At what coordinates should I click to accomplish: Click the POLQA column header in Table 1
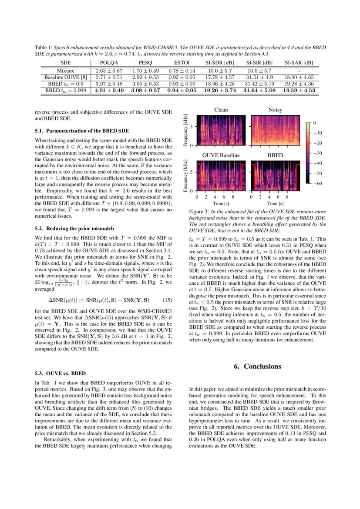[109, 63]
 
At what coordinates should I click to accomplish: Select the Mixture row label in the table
[65, 71]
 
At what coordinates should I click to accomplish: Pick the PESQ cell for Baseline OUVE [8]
[145, 77]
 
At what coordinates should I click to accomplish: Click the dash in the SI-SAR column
[298, 71]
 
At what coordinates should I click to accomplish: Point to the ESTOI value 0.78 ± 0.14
[182, 71]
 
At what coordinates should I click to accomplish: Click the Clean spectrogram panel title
[221, 110]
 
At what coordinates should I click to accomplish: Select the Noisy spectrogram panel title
[275, 110]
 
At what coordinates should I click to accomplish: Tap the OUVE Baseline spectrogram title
[221, 155]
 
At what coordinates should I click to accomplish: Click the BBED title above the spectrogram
[275, 155]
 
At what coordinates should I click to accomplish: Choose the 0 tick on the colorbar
[314, 123]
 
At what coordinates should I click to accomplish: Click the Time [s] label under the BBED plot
[275, 203]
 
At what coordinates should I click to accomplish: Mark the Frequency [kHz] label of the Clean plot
[186, 130]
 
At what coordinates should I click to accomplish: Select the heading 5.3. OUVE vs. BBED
[60, 373]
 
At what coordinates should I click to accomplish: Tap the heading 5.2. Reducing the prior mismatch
[74, 228]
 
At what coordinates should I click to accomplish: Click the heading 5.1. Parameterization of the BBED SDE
[81, 131]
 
